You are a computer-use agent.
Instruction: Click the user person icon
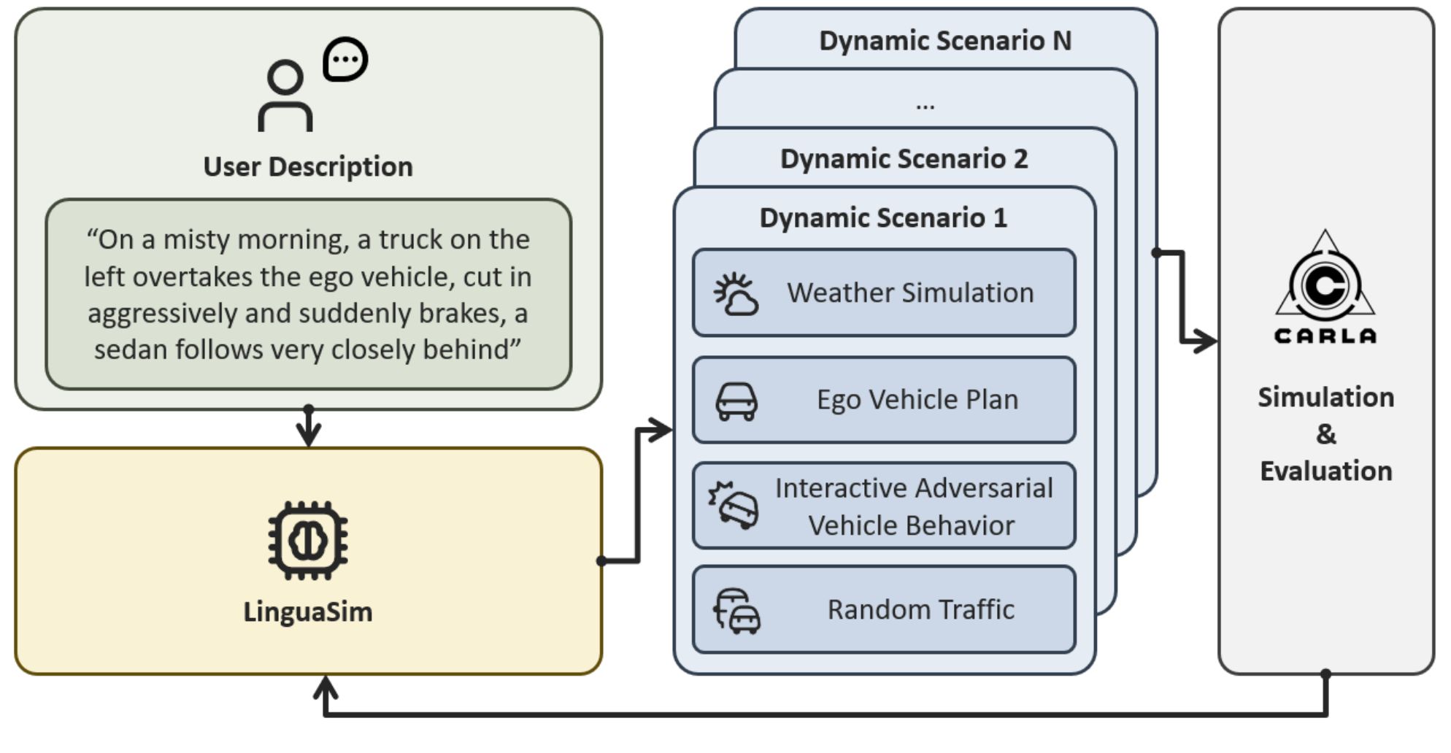285,96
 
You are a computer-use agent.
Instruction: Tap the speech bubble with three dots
345,58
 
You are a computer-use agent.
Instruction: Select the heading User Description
308,167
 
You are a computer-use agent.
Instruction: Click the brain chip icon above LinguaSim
308,541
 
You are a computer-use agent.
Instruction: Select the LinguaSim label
308,611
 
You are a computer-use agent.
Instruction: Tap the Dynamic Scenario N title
945,41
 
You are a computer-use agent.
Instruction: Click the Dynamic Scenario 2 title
904,159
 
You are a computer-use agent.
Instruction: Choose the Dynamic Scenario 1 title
883,218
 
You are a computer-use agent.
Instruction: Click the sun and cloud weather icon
736,294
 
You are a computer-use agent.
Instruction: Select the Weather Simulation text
910,293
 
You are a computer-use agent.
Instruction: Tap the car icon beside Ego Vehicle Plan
736,401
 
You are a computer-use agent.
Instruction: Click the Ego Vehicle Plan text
917,400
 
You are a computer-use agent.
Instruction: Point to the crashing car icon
734,504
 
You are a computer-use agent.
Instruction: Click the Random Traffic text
921,609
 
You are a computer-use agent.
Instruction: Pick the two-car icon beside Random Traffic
736,611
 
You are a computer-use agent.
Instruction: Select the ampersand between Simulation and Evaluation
1326,434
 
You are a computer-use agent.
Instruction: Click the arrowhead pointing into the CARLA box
1206,341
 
